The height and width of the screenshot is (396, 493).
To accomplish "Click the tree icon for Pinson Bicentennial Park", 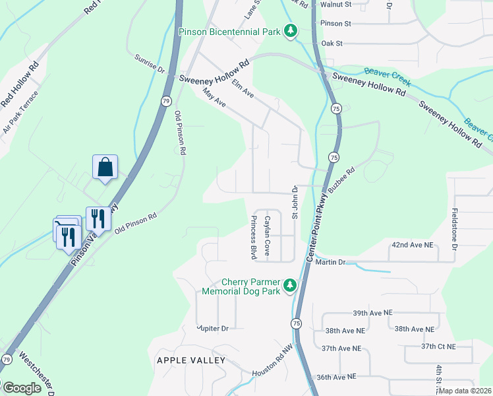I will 290,30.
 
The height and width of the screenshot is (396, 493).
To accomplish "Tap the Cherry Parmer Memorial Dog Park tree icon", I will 289,286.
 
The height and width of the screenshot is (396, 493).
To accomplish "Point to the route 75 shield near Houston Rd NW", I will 297,323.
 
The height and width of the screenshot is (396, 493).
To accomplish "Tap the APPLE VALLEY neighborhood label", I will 191,360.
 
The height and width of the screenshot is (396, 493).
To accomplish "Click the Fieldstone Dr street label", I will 454,229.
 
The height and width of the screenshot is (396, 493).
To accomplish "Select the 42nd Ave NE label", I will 413,245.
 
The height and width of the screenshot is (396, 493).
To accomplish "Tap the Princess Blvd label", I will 252,236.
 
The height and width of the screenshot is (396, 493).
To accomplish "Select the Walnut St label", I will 335,5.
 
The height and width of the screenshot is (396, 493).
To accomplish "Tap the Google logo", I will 21,388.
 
